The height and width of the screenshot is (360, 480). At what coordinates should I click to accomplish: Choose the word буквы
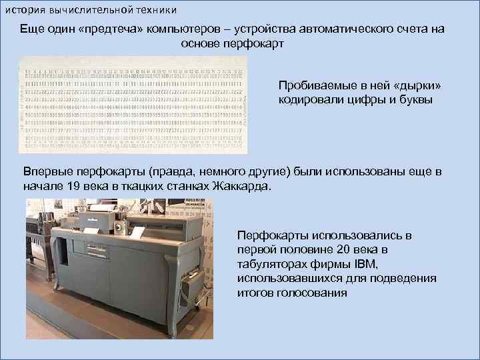(414, 100)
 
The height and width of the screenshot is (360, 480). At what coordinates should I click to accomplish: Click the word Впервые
(47, 172)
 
